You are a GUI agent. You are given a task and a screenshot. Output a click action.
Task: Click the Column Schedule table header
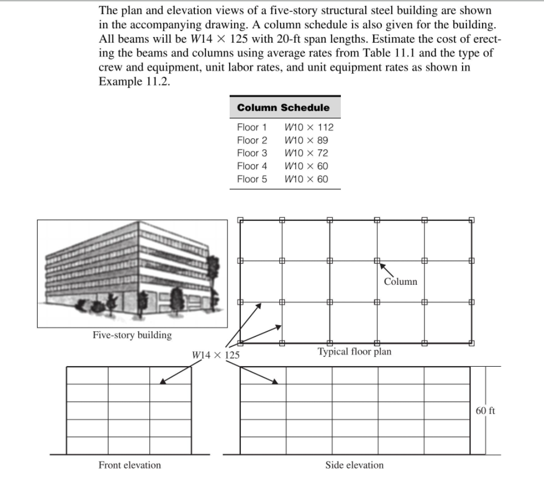pos(283,107)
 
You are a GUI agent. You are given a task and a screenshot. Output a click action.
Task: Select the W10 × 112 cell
pos(309,127)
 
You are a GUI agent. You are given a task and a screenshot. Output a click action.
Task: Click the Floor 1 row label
pos(252,127)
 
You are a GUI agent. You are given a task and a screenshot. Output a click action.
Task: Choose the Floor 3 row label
pos(252,153)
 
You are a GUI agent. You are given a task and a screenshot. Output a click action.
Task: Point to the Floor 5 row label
pos(252,179)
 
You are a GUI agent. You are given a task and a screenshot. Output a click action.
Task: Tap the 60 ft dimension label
pos(485,410)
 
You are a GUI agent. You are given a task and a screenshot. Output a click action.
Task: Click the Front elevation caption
pos(129,465)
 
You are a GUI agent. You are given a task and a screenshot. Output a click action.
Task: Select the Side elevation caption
pos(354,465)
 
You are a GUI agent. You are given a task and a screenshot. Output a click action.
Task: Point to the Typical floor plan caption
pos(354,351)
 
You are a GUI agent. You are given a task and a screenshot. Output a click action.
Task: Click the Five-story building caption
pos(132,335)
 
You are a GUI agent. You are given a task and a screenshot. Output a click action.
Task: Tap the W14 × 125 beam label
pos(216,355)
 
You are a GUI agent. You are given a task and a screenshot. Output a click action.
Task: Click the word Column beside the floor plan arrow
pos(400,282)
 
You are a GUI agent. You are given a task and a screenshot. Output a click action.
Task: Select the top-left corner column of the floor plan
pos(241,220)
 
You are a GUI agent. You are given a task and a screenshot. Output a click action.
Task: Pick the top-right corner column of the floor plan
pos(471,220)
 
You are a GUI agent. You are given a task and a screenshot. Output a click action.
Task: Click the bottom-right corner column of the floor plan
pos(471,342)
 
